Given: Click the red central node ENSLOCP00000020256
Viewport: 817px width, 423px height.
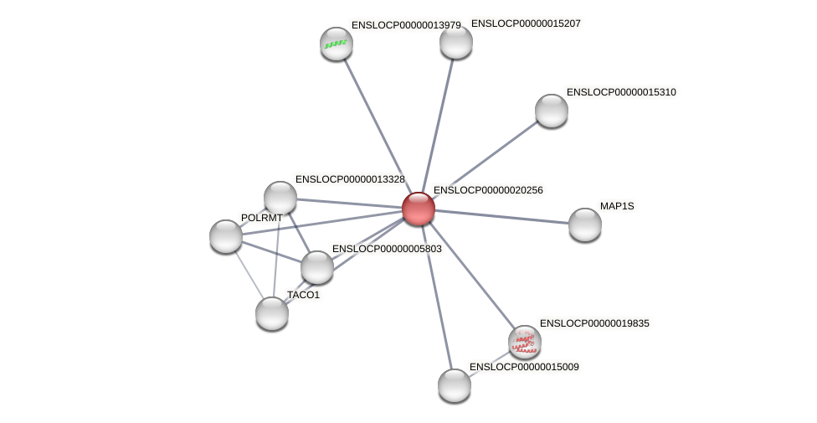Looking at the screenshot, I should coord(419,209).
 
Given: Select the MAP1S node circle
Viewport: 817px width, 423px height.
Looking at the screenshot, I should coord(585,224).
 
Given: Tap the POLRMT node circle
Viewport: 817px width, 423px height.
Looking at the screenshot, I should coord(226,236).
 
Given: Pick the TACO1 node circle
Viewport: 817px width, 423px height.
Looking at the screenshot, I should coord(272,313).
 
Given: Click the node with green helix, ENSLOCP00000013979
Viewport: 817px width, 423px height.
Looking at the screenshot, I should coord(337,44).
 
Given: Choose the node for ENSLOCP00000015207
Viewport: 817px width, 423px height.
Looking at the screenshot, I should coord(456,42).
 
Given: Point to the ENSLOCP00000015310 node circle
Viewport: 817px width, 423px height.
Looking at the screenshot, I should coord(552,111).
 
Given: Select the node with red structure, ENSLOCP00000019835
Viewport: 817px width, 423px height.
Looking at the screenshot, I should coord(525,342).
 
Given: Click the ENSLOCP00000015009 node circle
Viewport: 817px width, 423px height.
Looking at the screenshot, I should coord(455,385).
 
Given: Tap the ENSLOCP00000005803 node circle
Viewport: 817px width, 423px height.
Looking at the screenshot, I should coord(317,267).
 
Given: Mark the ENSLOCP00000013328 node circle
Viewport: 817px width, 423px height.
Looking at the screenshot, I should coord(280,198).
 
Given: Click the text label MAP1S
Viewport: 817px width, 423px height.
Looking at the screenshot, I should coord(617,206).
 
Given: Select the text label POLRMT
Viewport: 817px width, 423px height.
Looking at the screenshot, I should coord(261,218).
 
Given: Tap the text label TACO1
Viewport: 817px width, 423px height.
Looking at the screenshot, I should coord(303,295).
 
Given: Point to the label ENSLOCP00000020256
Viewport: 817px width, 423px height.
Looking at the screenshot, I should coord(488,190).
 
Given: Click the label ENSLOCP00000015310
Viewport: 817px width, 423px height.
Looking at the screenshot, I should coord(621,92).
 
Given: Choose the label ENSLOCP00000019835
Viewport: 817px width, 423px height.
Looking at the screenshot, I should coord(594,323).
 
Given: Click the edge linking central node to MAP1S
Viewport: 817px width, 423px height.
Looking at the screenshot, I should coord(502,217).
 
